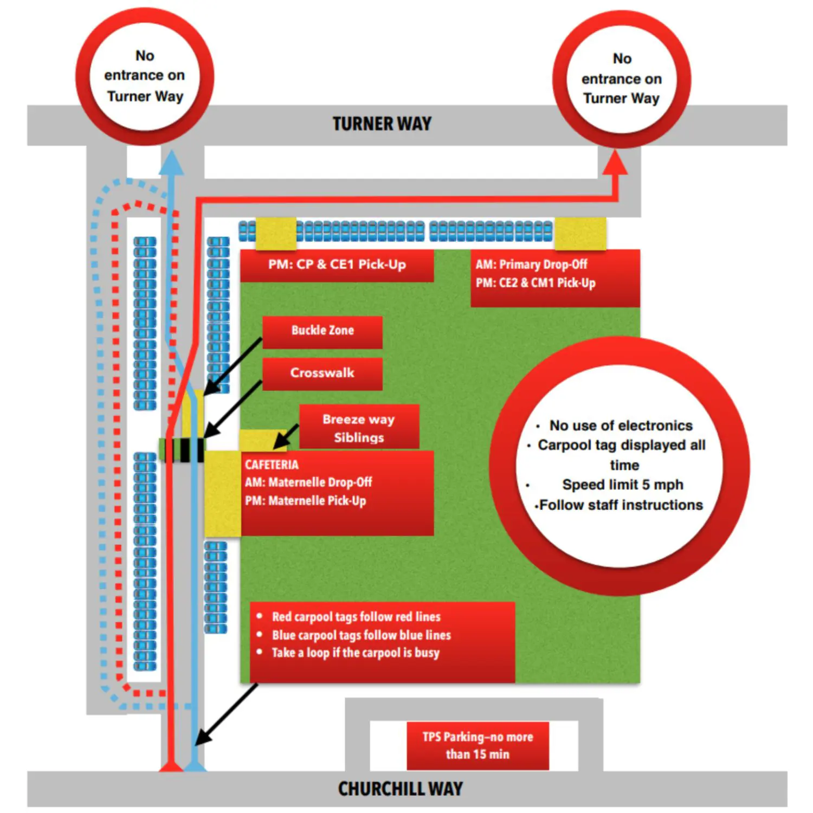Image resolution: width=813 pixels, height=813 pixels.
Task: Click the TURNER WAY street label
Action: point(382,124)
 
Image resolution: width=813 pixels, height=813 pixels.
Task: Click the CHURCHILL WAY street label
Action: point(401,789)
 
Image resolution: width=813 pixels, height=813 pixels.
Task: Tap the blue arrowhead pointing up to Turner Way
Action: point(172,162)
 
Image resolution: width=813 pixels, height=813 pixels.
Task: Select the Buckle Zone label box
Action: point(322,331)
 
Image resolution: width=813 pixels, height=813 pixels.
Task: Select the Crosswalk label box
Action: point(322,373)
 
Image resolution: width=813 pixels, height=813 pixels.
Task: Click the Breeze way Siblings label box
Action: point(359,428)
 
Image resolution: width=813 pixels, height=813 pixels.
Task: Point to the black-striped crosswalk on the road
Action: point(182,450)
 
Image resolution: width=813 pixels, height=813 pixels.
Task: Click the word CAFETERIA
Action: point(272,465)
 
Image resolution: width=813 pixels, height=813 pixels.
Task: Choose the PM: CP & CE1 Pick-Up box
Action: point(337,265)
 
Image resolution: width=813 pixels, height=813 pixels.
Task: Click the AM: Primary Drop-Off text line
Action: point(531,264)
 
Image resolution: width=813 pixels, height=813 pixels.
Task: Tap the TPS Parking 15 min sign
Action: point(478,745)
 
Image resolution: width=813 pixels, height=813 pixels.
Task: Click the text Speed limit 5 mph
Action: point(622,485)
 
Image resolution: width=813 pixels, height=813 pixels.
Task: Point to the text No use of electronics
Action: point(621,425)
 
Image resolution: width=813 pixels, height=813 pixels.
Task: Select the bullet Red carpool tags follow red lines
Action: point(356,617)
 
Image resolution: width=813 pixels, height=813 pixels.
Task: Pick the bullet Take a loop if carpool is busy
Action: point(355,653)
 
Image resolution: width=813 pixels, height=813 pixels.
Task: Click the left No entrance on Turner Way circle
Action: point(145,76)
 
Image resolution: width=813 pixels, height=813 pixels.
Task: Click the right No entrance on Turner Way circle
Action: point(622,79)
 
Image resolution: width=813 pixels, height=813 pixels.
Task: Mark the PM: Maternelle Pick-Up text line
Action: point(305,501)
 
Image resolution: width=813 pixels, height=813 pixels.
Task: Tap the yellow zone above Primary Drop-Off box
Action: point(580,233)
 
